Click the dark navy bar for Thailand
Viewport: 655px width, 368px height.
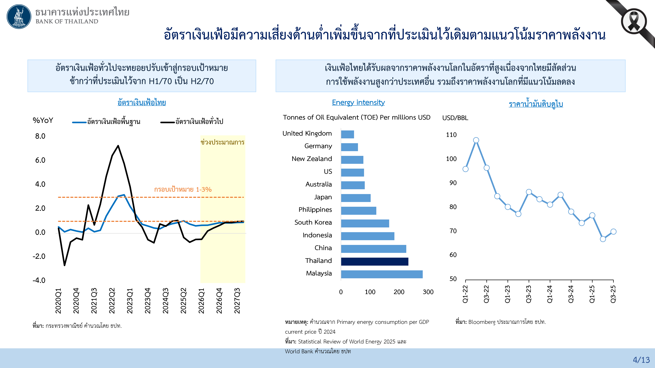[374, 261]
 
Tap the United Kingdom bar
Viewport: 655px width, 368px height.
[347, 134]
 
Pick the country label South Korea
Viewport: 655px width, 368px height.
[313, 222]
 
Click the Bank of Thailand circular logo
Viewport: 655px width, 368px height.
[19, 17]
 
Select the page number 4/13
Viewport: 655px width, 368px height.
[641, 360]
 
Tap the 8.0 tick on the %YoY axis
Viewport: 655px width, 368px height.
[40, 136]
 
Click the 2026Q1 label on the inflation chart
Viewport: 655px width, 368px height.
[201, 301]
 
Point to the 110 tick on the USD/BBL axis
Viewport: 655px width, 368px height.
[451, 135]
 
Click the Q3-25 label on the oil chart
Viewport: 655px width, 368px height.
[613, 294]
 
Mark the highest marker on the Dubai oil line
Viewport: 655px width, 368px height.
[476, 140]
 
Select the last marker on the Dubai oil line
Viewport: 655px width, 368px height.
[613, 232]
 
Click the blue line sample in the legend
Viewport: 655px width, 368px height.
[79, 122]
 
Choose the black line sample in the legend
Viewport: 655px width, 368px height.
[167, 122]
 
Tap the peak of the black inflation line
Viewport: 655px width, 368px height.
[118, 146]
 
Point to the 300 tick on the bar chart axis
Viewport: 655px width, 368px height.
[428, 292]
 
